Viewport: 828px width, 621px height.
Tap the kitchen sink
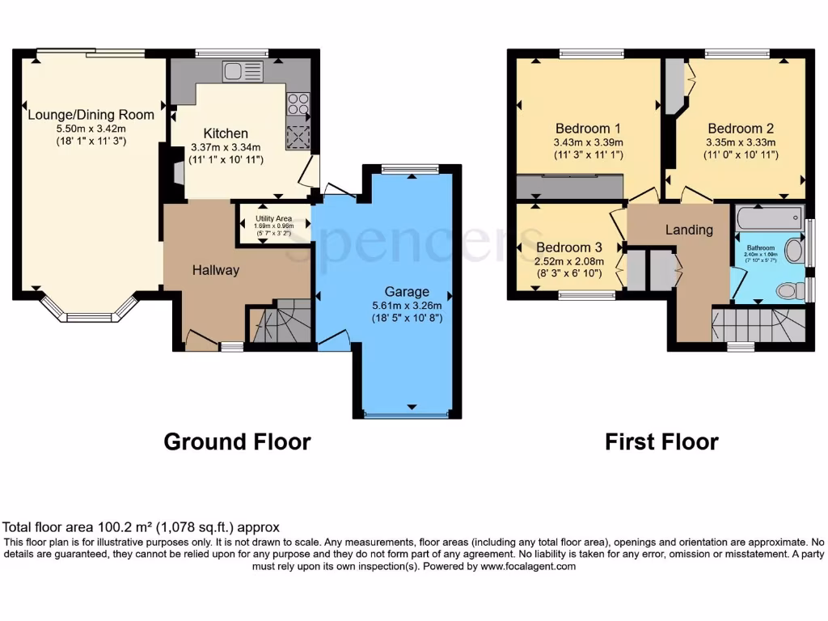(244, 71)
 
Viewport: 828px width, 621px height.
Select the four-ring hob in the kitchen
(298, 105)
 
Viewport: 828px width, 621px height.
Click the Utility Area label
(273, 218)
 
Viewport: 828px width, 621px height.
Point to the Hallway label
(215, 270)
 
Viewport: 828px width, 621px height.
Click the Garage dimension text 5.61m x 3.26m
(406, 306)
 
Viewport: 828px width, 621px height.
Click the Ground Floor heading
(237, 441)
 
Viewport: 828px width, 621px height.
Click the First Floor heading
(661, 441)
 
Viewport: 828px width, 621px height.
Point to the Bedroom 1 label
(588, 128)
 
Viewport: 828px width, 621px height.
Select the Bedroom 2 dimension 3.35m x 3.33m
(741, 142)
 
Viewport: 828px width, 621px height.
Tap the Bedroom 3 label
(568, 247)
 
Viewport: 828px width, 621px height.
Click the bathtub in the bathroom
(769, 217)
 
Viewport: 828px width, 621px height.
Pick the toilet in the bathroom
(788, 290)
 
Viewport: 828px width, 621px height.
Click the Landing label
(689, 230)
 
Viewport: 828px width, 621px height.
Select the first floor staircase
(758, 326)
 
